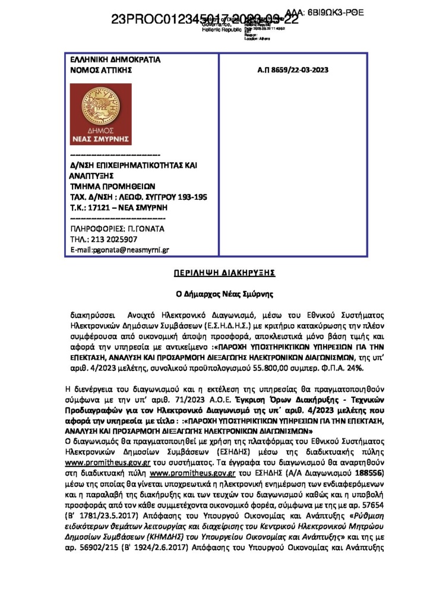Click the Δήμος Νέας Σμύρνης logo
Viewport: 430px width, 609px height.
point(100,114)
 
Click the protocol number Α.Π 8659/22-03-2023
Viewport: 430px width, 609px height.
point(293,70)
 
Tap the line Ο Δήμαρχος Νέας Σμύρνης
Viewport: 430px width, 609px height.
point(215,293)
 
